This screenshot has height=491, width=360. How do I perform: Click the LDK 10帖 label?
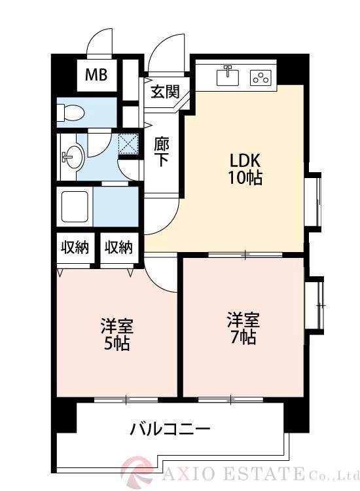coord(245,169)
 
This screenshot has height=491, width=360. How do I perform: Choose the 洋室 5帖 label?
coord(117,334)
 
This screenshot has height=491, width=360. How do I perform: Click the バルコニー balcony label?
coord(170,430)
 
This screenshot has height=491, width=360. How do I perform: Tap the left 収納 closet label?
coord(75,247)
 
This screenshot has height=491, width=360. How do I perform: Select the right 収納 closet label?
coord(118,247)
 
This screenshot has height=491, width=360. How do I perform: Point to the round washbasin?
coord(71,157)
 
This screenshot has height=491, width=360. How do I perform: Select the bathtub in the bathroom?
coord(75,206)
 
